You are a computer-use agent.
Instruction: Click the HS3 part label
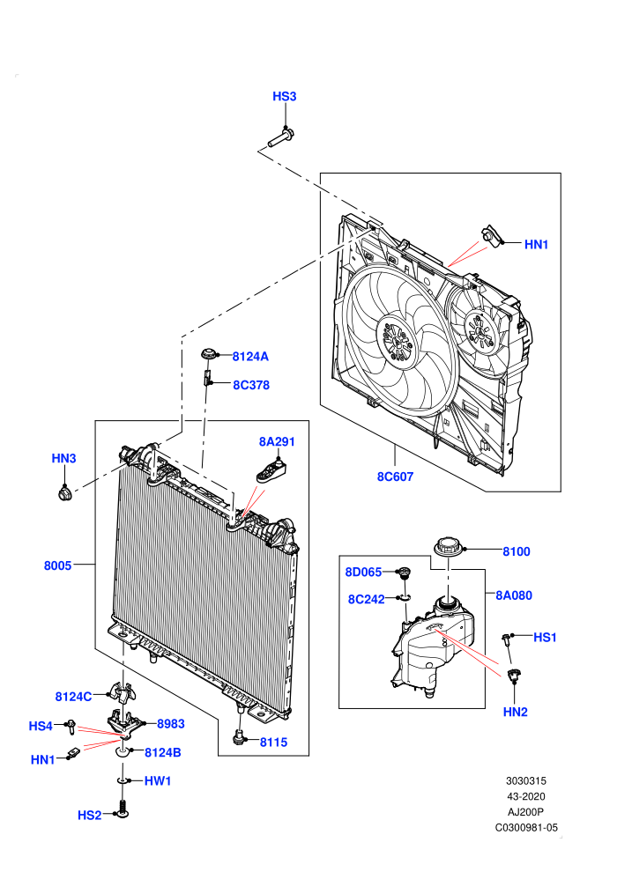coord(285,96)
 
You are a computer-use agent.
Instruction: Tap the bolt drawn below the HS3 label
coord(281,138)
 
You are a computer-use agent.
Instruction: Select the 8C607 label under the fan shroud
coord(395,477)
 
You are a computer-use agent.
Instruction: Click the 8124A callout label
coord(250,357)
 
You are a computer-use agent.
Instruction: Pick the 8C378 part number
coord(251,385)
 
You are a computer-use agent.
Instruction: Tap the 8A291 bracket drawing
coord(273,470)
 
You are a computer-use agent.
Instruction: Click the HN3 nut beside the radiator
coord(65,492)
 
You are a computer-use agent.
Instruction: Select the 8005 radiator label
coord(58,565)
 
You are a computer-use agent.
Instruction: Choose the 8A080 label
coord(514,595)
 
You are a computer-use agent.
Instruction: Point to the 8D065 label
coord(363,573)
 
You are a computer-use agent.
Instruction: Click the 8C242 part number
coord(366,600)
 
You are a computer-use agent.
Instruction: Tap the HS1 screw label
coord(546,638)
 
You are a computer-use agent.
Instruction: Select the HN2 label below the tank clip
coord(515,712)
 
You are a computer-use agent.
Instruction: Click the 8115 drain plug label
coord(274,743)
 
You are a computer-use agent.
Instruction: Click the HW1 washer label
coord(158,780)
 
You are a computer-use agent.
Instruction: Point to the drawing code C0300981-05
coord(526,827)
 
